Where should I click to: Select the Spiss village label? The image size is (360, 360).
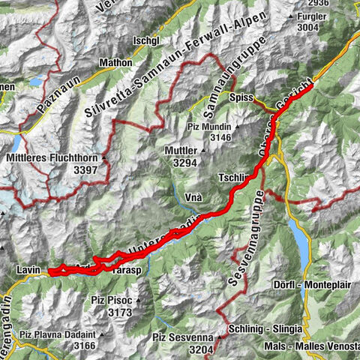point(241,97)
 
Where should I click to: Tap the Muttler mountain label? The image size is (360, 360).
point(180,150)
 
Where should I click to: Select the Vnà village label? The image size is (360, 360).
point(193,194)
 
